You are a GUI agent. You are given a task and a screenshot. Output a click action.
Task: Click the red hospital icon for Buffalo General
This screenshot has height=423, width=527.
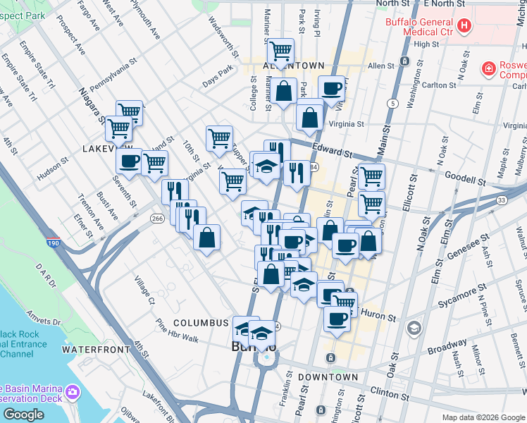pos(464,26)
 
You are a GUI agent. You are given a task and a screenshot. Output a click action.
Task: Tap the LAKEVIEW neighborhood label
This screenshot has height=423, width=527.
pos(104,149)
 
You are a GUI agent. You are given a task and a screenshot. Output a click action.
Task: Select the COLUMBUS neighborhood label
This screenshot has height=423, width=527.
pos(201,322)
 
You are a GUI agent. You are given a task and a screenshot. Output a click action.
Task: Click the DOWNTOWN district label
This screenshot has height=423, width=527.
pos(328,377)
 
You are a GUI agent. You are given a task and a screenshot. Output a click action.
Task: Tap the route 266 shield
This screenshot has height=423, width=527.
pos(156,219)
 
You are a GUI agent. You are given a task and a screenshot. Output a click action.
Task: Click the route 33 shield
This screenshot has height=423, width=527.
pos(501,200)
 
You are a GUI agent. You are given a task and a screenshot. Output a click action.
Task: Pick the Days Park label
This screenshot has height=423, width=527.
pos(217,72)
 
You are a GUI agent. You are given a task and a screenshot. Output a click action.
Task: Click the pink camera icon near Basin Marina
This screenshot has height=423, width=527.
pos(72,391)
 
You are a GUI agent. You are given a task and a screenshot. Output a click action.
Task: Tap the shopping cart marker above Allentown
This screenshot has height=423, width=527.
pos(281,50)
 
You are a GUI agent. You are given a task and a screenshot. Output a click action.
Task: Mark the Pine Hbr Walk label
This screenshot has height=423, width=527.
pos(177,331)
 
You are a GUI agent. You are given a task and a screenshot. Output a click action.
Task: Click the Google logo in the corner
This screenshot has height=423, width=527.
pos(24,415)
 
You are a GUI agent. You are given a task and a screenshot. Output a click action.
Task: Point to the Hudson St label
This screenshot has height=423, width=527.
pos(51,170)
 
